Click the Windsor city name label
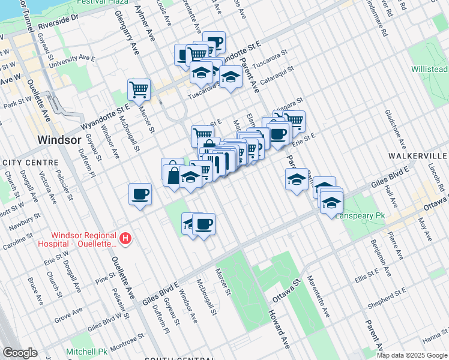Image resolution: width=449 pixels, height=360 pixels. click(x=58, y=139)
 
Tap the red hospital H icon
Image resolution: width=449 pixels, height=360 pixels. click(x=125, y=239)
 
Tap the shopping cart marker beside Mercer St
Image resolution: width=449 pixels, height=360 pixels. click(x=139, y=90)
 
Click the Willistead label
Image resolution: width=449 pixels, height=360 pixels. click(x=429, y=69)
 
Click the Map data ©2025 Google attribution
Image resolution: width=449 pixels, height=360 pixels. click(x=412, y=355)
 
